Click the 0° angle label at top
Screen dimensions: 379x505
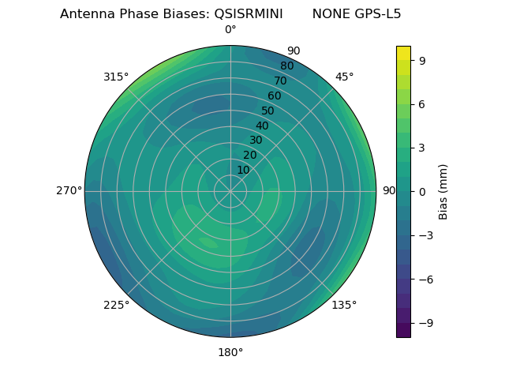click(230, 30)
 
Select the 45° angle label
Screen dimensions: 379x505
click(345, 77)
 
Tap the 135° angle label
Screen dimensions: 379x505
click(344, 305)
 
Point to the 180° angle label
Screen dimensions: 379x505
click(230, 352)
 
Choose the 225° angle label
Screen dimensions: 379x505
click(116, 306)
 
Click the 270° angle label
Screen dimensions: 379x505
click(69, 191)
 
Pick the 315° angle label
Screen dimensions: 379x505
click(116, 77)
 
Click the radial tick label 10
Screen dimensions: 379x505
click(243, 170)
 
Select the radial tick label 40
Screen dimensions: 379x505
click(262, 126)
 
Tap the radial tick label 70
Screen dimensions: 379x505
click(280, 81)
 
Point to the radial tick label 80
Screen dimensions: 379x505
click(286, 66)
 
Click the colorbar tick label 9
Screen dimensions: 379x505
click(422, 60)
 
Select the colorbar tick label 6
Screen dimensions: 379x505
click(422, 104)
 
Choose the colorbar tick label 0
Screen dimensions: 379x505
click(422, 192)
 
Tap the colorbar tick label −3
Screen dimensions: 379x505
click(425, 235)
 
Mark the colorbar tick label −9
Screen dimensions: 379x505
click(425, 323)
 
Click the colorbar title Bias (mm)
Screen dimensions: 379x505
click(443, 192)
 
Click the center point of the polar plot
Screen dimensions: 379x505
click(230, 191)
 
